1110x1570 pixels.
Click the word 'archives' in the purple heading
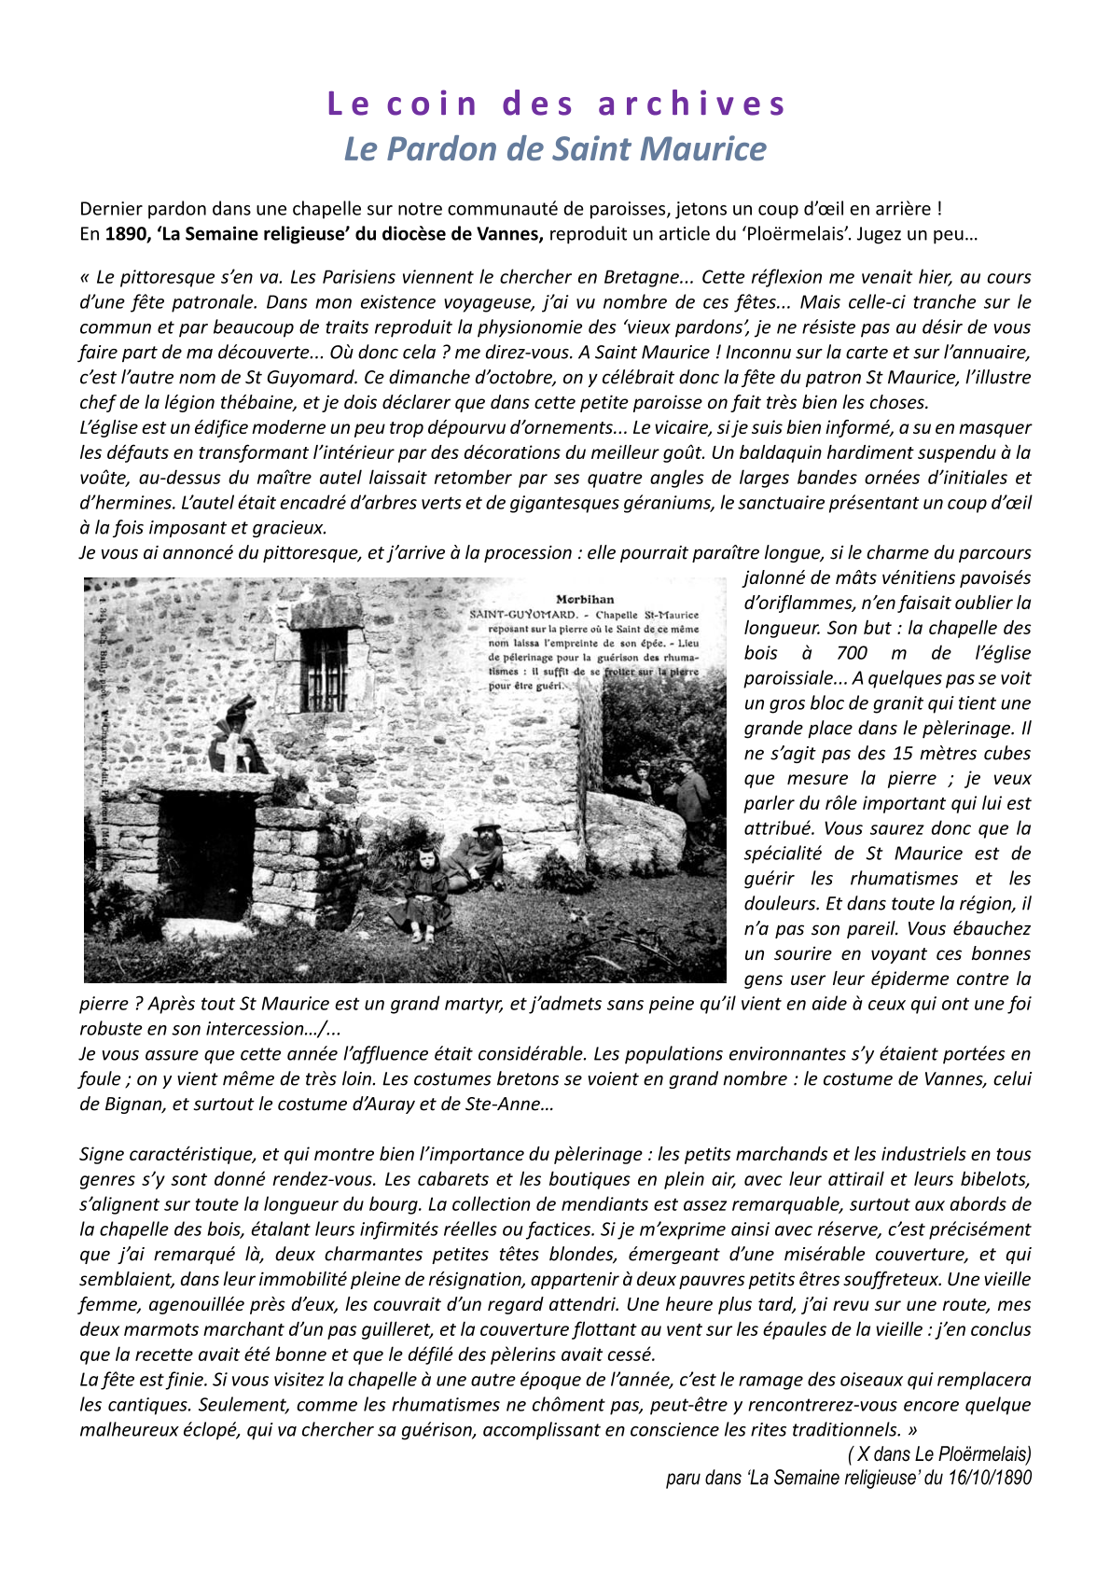point(693,104)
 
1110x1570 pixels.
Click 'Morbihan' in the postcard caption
point(585,600)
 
